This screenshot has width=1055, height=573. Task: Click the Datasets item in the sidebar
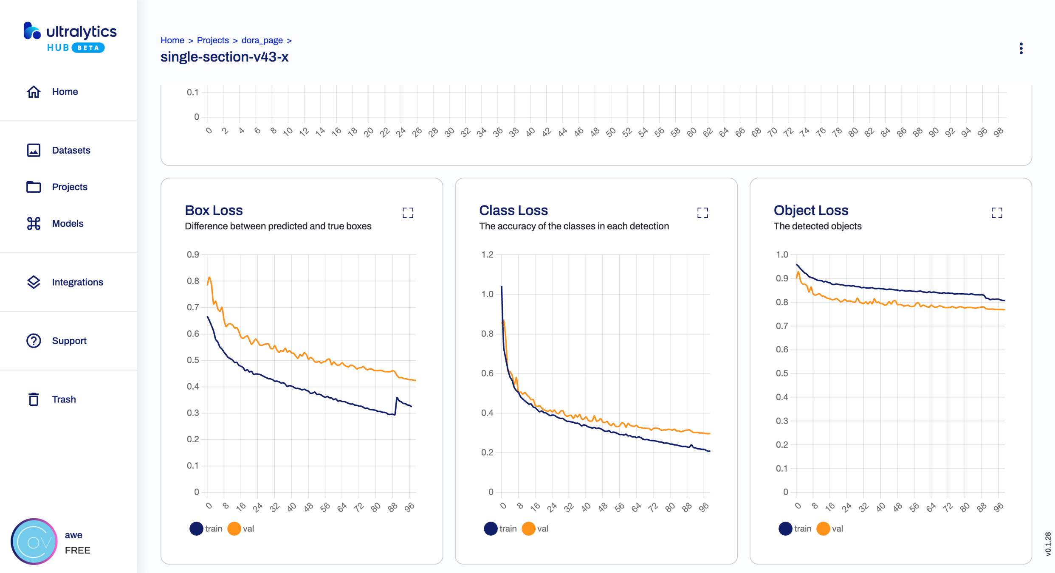point(71,150)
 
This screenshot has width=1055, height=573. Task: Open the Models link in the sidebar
point(67,224)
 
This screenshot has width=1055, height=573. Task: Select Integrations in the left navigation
point(77,282)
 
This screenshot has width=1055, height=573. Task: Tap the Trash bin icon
point(34,399)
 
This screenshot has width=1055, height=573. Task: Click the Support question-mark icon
point(34,341)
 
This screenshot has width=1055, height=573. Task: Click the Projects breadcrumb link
point(213,40)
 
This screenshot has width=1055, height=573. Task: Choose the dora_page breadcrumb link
point(262,40)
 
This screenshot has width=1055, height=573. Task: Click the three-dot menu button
point(1021,48)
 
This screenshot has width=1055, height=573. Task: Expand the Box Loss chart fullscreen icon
point(408,213)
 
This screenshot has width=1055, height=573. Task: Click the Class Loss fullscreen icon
point(702,213)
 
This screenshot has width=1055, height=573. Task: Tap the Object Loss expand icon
point(997,213)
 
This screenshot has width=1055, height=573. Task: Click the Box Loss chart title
point(214,211)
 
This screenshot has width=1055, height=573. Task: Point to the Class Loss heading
point(513,211)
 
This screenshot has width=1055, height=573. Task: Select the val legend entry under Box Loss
point(241,529)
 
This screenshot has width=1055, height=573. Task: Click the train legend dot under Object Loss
point(785,529)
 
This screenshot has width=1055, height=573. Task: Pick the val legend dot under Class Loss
point(528,529)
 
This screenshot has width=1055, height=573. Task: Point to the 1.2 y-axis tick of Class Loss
point(487,255)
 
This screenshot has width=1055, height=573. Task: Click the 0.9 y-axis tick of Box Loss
point(193,255)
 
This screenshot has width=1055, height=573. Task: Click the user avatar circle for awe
point(34,542)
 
